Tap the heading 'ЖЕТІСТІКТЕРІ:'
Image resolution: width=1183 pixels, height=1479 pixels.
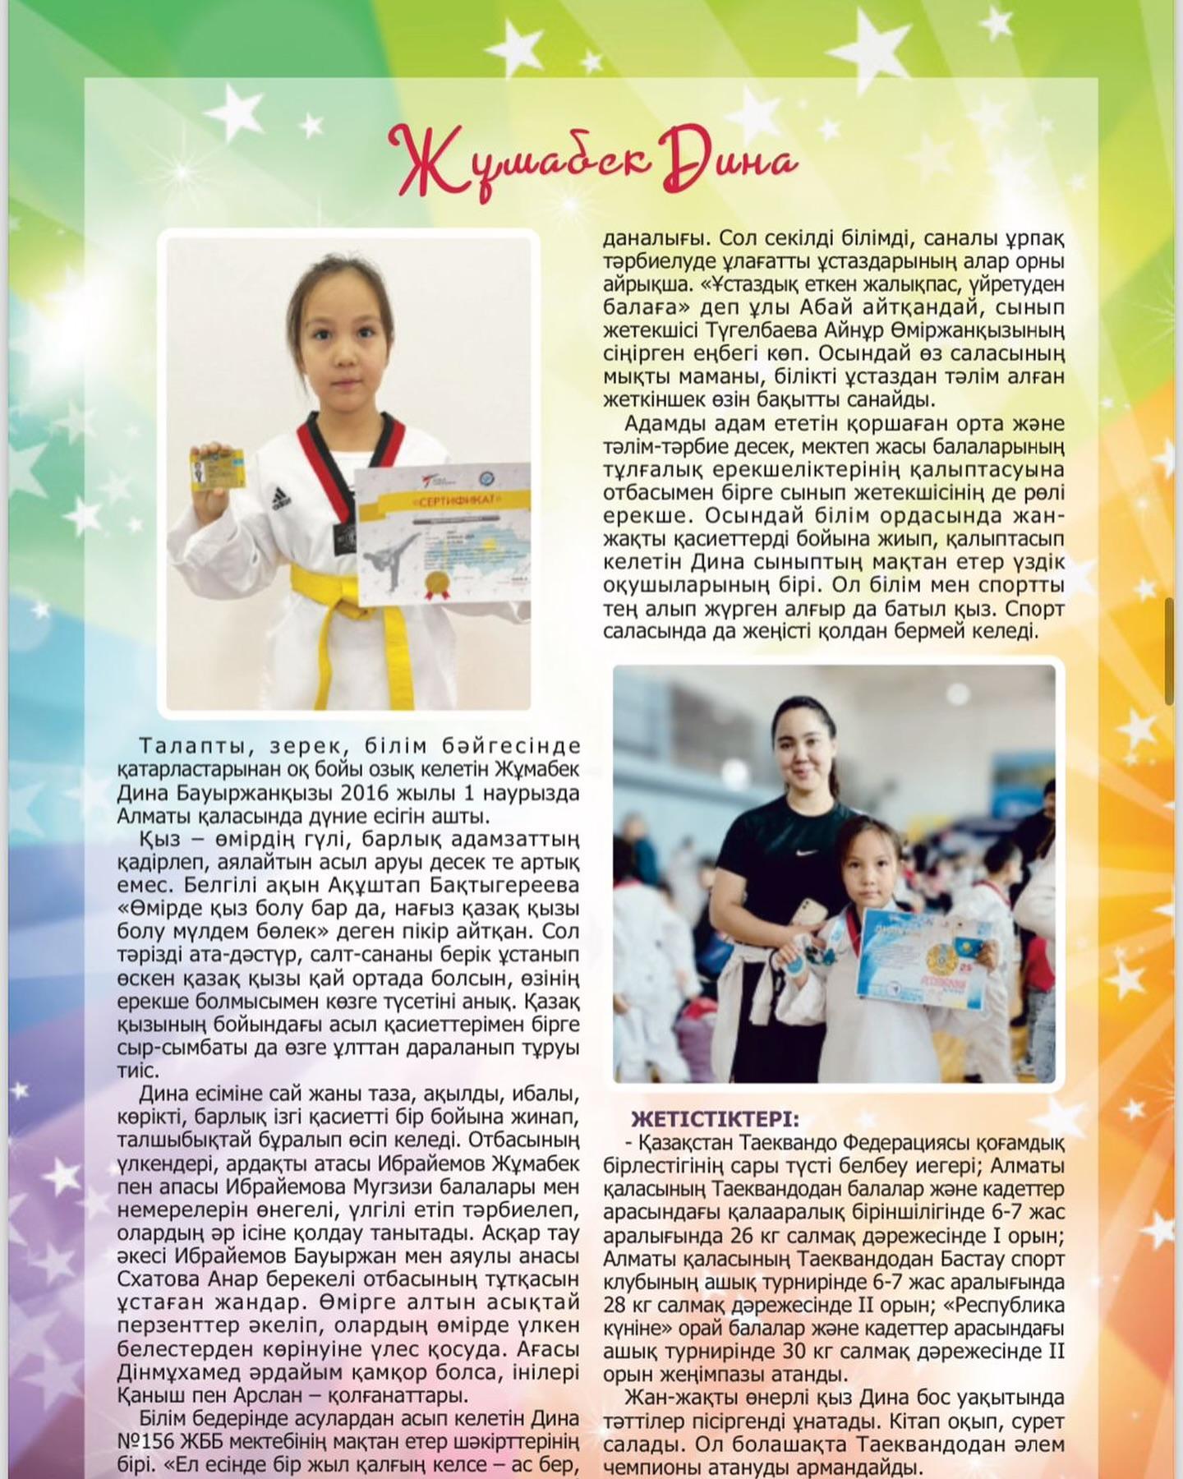click(714, 1119)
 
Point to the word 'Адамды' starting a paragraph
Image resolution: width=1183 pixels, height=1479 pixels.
click(666, 424)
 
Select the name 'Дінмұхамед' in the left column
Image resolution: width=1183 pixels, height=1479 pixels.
click(182, 1372)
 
